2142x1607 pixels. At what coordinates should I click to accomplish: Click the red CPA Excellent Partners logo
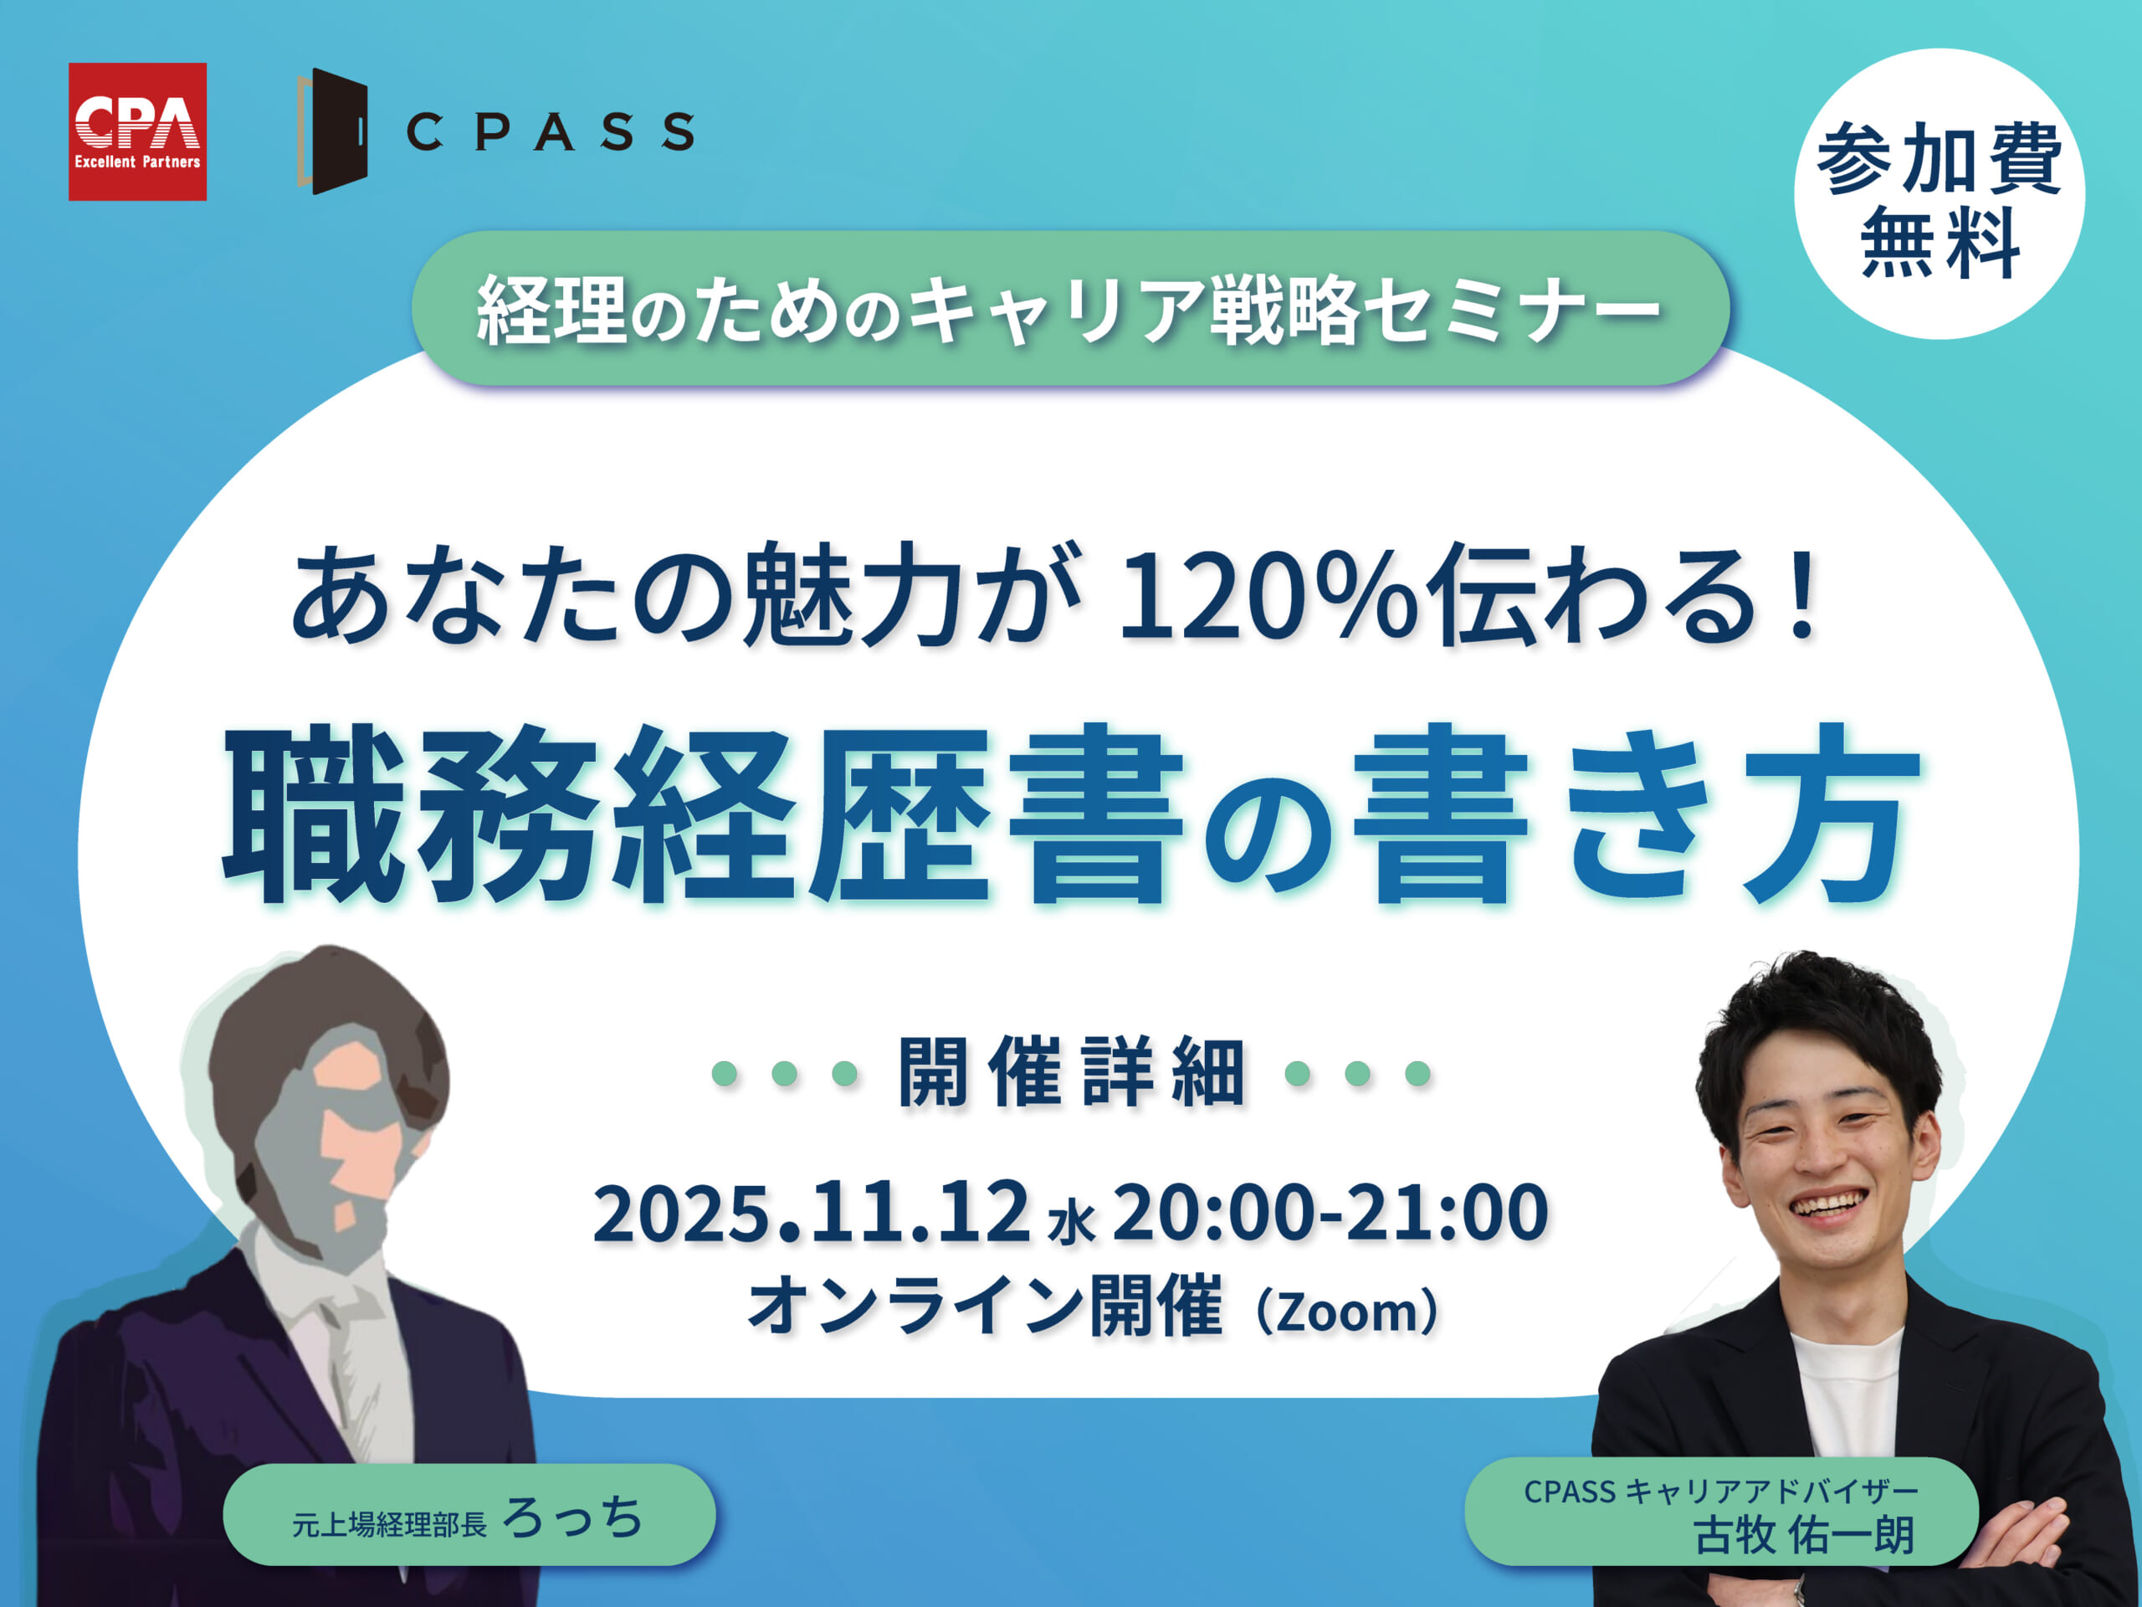[137, 131]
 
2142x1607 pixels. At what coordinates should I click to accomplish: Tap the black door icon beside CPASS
[333, 131]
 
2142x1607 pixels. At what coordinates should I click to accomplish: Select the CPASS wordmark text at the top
[549, 131]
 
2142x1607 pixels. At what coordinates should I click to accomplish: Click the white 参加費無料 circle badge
[1940, 193]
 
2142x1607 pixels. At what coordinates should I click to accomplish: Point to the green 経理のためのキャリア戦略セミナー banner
[1070, 308]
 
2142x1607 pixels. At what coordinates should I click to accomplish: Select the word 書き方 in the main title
[1637, 814]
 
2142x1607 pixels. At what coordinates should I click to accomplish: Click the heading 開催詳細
[1071, 1071]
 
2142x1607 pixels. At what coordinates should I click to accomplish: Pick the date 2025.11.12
[812, 1212]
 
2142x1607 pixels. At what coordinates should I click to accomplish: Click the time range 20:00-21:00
[1330, 1212]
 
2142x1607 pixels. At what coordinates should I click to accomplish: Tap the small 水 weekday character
[1072, 1223]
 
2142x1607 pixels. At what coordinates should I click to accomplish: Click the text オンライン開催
[985, 1307]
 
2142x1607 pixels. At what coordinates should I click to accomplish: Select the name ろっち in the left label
[573, 1517]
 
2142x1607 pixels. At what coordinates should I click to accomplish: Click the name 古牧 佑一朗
[1804, 1535]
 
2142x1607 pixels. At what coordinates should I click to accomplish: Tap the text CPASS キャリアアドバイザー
[1721, 1491]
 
